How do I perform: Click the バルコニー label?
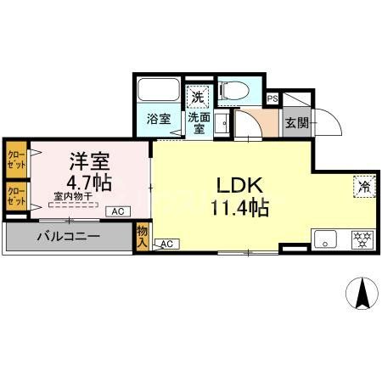pos(67,236)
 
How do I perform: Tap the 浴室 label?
pos(159,120)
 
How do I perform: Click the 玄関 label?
pos(296,124)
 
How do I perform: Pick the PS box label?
pos(272,98)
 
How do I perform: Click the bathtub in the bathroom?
pos(159,91)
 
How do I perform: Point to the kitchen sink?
pos(326,239)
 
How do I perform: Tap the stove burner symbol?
pos(360,240)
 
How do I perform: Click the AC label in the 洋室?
pos(117,211)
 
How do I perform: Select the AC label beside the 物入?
pos(166,244)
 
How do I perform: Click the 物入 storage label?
pos(142,237)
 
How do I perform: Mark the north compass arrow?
pos(361,293)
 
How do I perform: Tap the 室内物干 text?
pos(73,197)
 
